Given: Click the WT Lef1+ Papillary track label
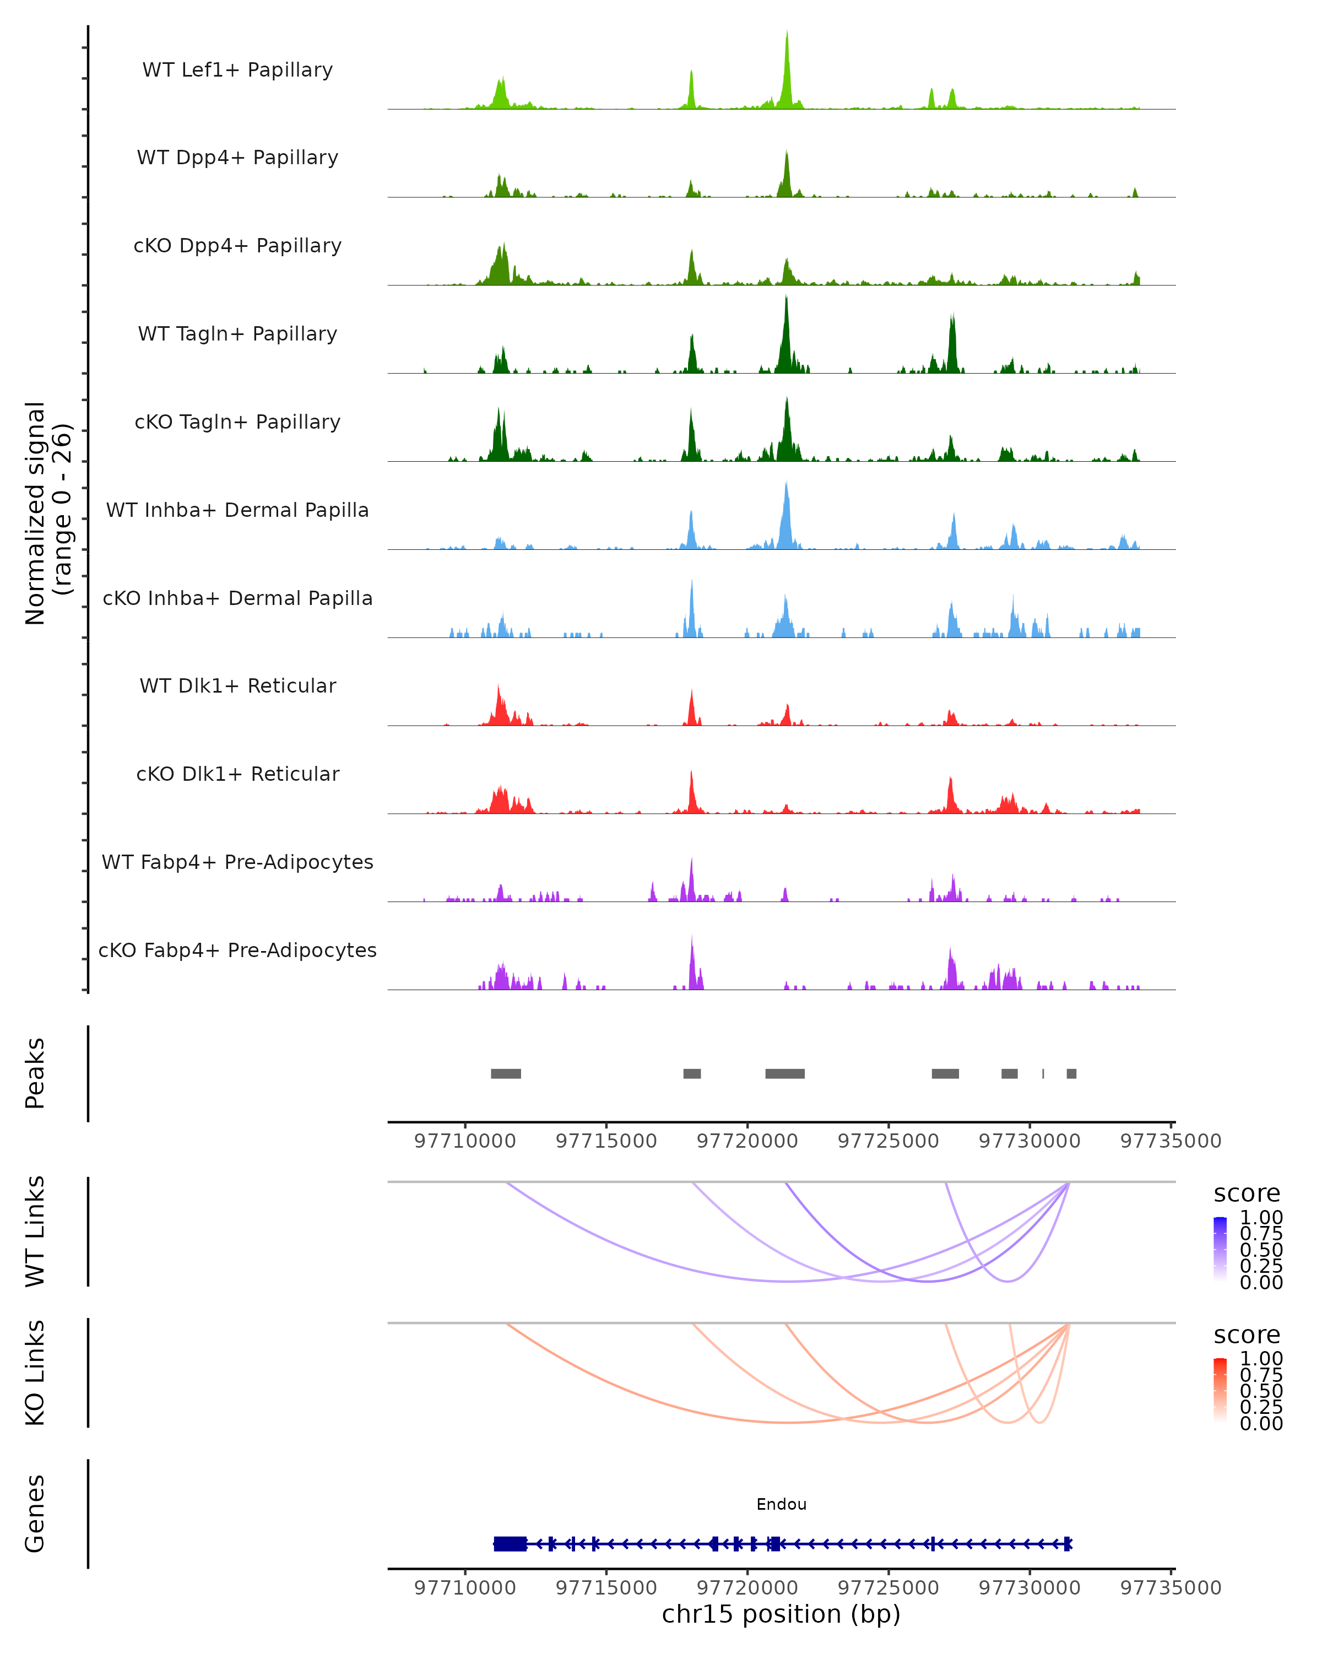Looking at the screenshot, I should (x=237, y=70).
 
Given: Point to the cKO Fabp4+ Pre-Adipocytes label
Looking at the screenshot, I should (x=237, y=950).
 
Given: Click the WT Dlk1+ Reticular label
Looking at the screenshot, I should (x=237, y=685).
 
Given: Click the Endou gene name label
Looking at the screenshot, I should (x=781, y=1504).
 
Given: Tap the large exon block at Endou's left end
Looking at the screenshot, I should (x=510, y=1543).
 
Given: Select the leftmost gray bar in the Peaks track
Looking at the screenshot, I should (x=506, y=1073).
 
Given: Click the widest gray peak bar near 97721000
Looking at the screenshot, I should (x=785, y=1073).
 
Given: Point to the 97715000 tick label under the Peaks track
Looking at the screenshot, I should (x=606, y=1141).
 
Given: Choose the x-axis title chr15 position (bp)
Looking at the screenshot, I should (x=781, y=1614).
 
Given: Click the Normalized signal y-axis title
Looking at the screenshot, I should (x=47, y=513).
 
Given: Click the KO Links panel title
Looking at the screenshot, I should (x=35, y=1373).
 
